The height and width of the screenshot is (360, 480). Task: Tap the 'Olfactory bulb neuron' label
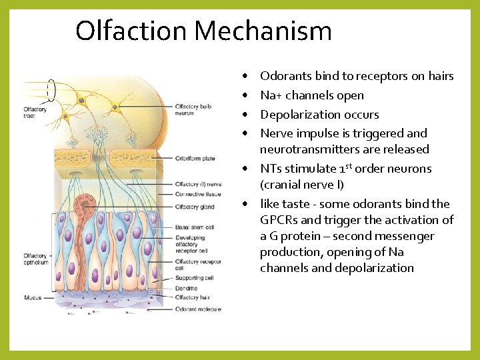coord(195,110)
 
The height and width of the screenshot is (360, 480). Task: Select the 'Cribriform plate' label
coord(195,159)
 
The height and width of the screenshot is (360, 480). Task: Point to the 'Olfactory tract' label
coord(35,113)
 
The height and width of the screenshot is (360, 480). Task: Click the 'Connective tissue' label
coord(199,194)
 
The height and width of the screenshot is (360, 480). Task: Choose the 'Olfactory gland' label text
coord(195,207)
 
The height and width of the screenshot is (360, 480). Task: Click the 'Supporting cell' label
coord(195,277)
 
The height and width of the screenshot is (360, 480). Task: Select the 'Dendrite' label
coord(187,289)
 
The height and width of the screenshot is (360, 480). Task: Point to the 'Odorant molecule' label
coord(198,309)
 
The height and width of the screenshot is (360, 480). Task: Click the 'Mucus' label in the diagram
coord(33,298)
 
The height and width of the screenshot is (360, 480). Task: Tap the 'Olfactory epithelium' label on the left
coord(35,259)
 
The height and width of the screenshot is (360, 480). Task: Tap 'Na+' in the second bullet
coord(271,95)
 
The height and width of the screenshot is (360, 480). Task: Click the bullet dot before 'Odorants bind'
coord(246,77)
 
